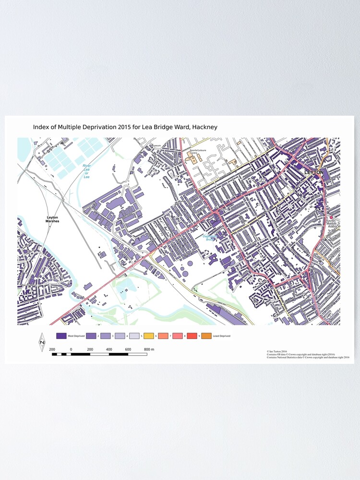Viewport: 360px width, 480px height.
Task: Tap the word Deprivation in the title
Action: pyautogui.click(x=97, y=127)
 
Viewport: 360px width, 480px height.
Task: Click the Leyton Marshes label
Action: pyautogui.click(x=52, y=219)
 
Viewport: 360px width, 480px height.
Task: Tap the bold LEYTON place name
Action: pyautogui.click(x=314, y=172)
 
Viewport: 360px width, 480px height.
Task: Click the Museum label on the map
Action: pyautogui.click(x=156, y=145)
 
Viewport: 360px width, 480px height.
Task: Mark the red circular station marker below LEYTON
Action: pyautogui.click(x=331, y=217)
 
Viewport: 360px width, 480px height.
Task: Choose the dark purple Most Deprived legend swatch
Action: pyautogui.click(x=61, y=336)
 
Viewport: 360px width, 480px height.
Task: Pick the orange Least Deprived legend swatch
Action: pyautogui.click(x=206, y=336)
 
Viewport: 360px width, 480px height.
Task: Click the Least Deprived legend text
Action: pyautogui.click(x=221, y=336)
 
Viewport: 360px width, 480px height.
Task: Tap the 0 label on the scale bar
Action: pyautogui.click(x=71, y=349)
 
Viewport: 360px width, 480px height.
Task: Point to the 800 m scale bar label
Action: pyautogui.click(x=149, y=349)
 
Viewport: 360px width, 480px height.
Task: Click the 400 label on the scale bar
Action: pyautogui.click(x=109, y=349)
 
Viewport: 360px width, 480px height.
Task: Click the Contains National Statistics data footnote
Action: pyautogui.click(x=308, y=358)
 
